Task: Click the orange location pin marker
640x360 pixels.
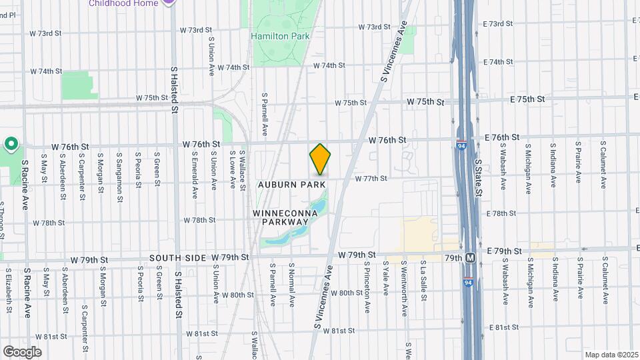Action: coord(320,159)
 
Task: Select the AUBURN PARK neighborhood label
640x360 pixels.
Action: coord(292,184)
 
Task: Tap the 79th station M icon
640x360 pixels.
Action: coord(471,257)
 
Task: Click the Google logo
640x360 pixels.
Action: coord(21,351)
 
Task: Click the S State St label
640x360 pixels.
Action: coord(478,177)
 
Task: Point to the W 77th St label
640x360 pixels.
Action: coord(371,179)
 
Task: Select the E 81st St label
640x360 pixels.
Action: coord(503,327)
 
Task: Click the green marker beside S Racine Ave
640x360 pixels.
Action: coord(11,144)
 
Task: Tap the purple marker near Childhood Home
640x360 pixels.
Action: coord(170,3)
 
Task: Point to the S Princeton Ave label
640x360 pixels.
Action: coord(367,287)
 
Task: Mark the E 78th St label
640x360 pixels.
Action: coord(502,213)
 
